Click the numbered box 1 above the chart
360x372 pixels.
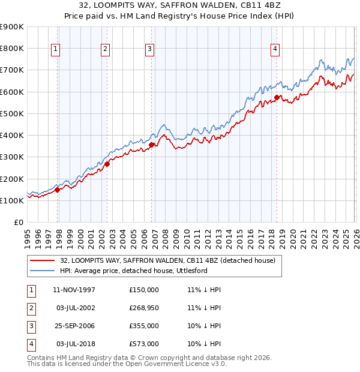(x=55, y=49)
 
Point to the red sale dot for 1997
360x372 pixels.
(x=58, y=190)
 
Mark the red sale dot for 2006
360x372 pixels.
(x=152, y=145)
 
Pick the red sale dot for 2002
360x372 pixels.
(x=107, y=164)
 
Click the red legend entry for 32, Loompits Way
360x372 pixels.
(x=167, y=260)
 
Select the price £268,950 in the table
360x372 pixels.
(x=144, y=308)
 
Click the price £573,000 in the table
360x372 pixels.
(x=144, y=344)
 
